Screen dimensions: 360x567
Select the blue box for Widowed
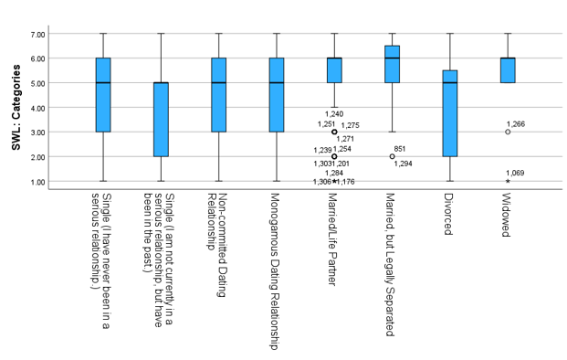pyautogui.click(x=508, y=70)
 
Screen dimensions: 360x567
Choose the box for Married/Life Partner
pyautogui.click(x=334, y=70)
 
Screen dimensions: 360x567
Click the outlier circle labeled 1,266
pyautogui.click(x=508, y=132)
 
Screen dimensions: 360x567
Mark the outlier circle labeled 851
pyautogui.click(x=392, y=156)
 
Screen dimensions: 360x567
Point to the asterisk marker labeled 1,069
pyautogui.click(x=508, y=181)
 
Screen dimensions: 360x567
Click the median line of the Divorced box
pyautogui.click(x=449, y=83)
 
